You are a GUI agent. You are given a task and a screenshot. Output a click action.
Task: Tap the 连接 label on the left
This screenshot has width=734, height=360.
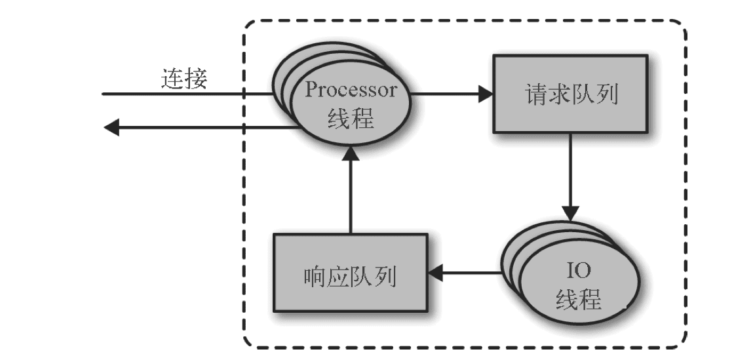[184, 79]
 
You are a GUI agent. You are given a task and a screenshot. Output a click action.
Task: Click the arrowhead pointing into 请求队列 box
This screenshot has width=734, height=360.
[485, 94]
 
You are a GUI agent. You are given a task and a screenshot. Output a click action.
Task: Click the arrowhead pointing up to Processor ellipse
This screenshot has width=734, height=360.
[351, 155]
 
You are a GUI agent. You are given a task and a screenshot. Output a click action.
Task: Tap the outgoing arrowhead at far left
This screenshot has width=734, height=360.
[111, 127]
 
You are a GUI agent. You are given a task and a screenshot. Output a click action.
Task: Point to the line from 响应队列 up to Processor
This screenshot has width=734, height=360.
[351, 197]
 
